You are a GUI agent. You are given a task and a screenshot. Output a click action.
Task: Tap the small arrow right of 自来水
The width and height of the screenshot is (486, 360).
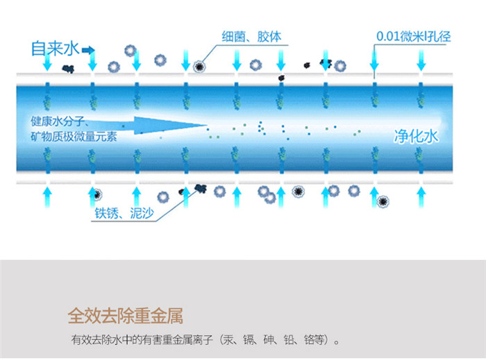coord(89,49)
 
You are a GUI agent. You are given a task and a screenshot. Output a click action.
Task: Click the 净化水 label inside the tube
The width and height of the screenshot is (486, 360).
coord(417,137)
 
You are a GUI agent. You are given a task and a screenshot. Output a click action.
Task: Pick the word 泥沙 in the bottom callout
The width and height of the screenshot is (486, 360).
coord(141,214)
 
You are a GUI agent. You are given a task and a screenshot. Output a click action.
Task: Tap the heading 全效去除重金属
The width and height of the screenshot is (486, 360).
coord(125,316)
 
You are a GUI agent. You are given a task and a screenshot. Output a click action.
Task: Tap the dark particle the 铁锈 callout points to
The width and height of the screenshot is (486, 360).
coord(201,187)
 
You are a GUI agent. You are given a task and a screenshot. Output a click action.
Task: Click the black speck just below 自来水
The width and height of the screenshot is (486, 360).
coord(68,68)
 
